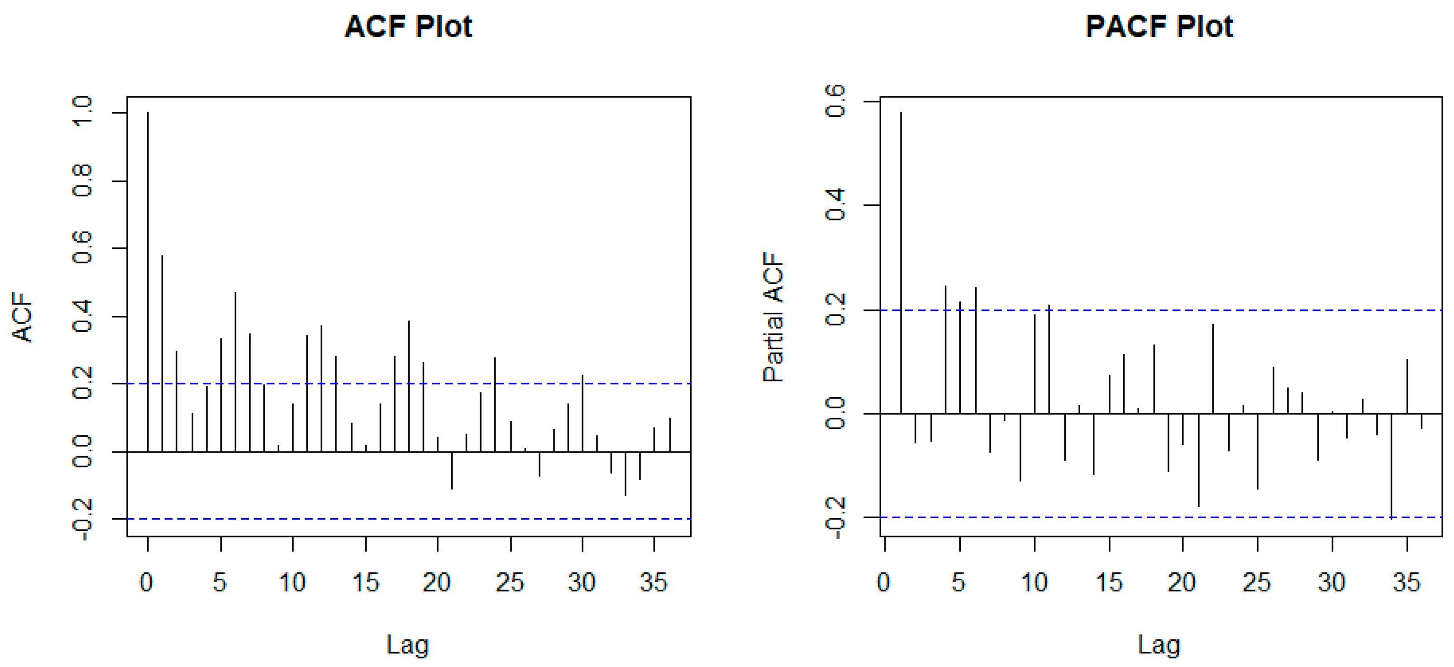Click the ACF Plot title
pos(408,27)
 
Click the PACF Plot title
pos(1159,27)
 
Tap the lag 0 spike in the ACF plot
pos(148,282)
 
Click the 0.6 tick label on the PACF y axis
pos(835,101)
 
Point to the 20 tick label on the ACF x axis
pos(436,582)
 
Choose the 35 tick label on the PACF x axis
pos(1406,582)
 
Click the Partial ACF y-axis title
pos(773,317)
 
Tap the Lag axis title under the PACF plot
pos(1159,644)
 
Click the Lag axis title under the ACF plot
pos(408,644)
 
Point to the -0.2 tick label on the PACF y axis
pos(835,518)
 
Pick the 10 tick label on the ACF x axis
pos(292,582)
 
